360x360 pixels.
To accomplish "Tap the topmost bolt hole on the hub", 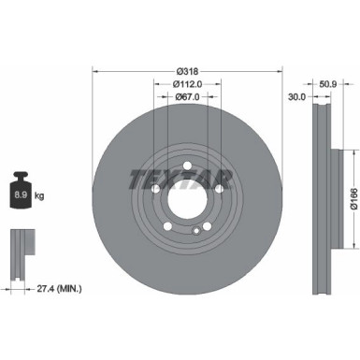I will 190,168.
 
